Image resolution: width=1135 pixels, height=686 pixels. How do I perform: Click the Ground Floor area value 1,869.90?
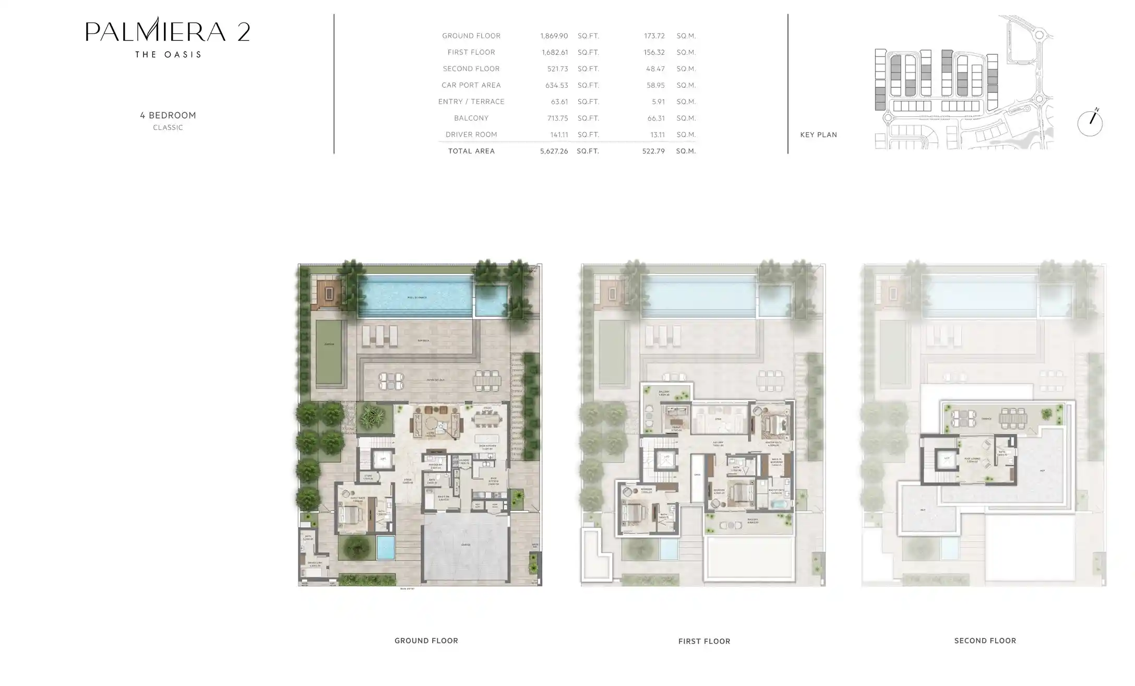[x=554, y=36]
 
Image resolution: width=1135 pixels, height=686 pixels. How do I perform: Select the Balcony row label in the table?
[x=471, y=118]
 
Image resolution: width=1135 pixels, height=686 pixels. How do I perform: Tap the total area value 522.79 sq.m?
[x=653, y=151]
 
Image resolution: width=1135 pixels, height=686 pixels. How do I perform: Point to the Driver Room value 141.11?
[x=559, y=135]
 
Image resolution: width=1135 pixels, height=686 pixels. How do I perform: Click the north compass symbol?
[x=1090, y=123]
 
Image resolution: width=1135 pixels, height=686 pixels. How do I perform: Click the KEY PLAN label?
[x=818, y=135]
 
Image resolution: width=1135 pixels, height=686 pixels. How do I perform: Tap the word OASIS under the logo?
[x=184, y=54]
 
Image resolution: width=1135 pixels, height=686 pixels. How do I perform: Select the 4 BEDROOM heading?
[x=168, y=115]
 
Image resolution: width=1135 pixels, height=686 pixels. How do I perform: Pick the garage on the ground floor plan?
[x=465, y=546]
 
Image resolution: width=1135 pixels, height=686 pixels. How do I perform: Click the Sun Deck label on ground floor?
[x=423, y=340]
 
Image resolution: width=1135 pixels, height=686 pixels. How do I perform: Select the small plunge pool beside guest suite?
[x=386, y=547]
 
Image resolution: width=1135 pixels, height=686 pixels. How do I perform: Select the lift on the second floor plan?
[x=947, y=459]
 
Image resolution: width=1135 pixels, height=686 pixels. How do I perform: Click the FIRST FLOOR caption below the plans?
[x=704, y=641]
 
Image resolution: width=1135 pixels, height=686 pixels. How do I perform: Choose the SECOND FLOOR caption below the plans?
[x=985, y=641]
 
